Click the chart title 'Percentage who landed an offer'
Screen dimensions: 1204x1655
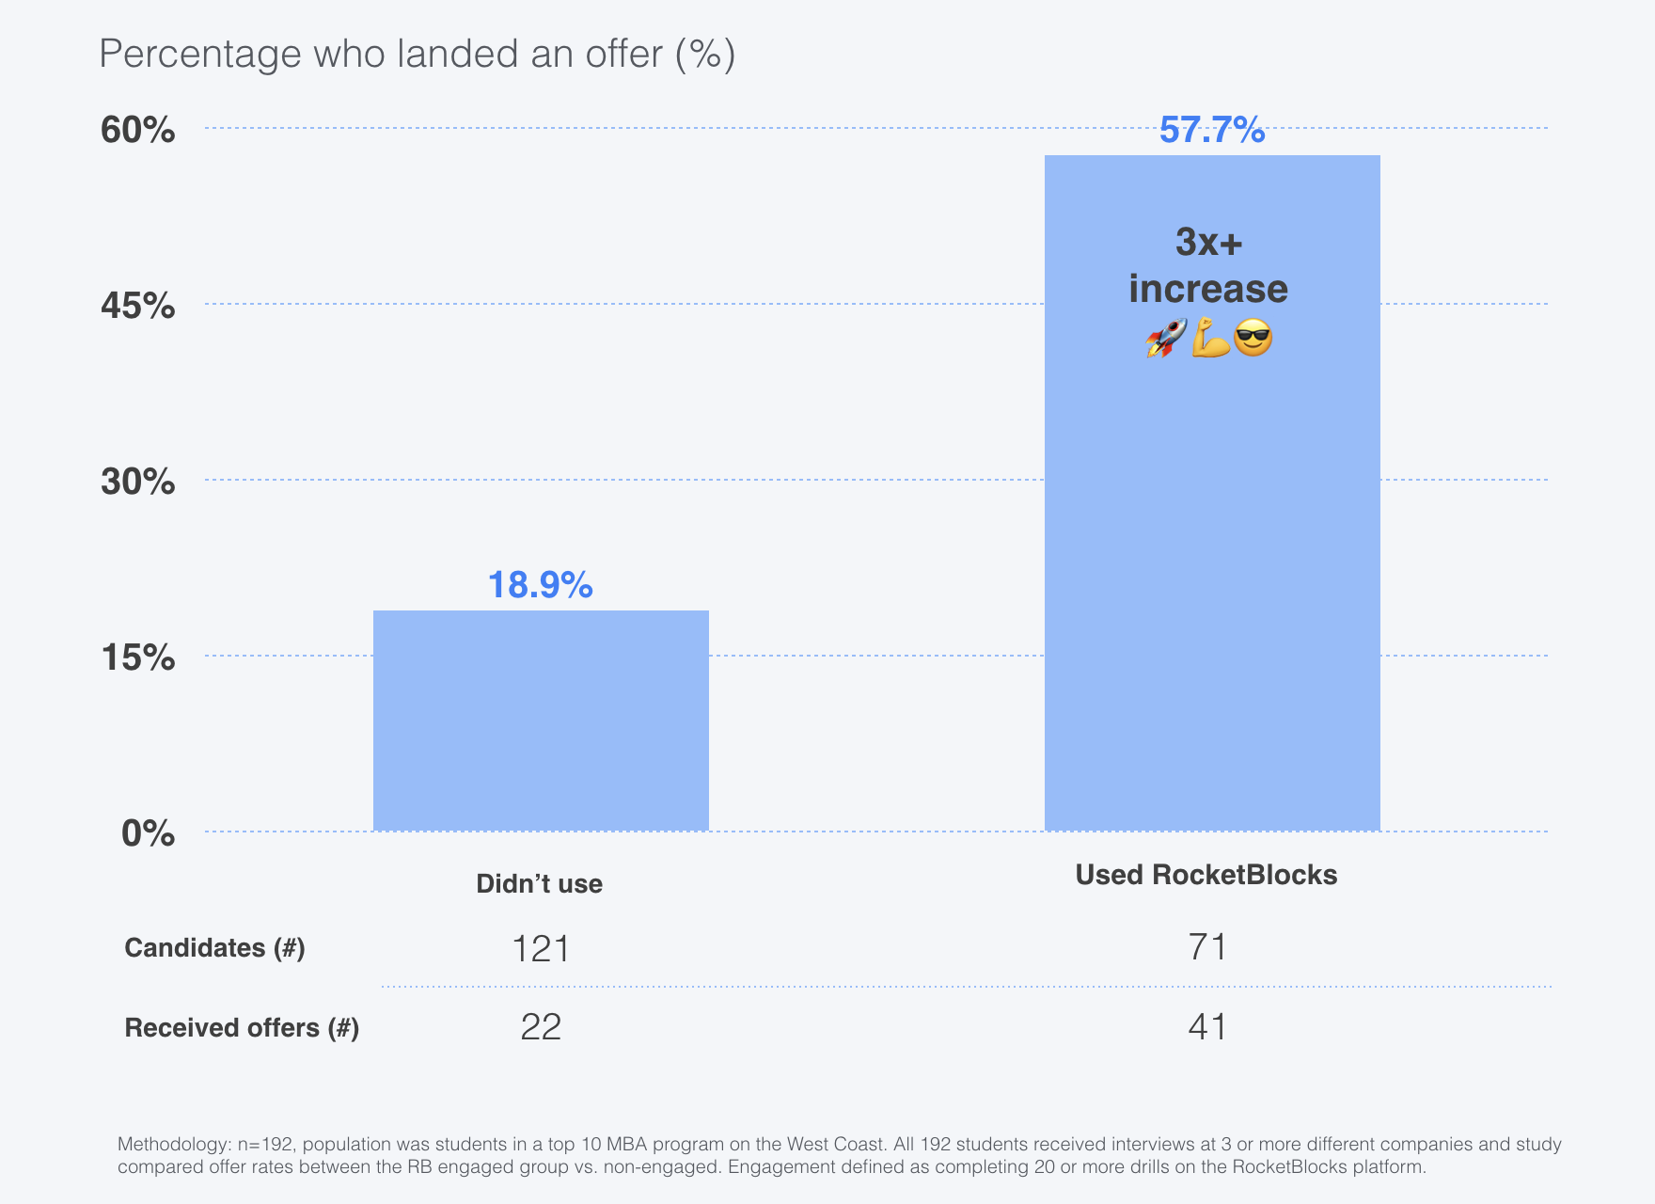pos(417,54)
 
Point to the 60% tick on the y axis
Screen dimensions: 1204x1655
pos(138,130)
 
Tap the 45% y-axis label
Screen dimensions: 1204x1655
pos(138,306)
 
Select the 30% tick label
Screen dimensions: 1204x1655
pos(138,482)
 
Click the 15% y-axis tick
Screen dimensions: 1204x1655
pos(138,657)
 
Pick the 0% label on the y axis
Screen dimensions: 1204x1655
pos(148,833)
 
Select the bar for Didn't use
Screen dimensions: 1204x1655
pos(541,721)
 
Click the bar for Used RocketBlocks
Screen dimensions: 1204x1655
pos(1212,564)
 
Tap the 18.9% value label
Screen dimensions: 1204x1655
pos(540,585)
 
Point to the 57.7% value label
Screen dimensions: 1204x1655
pos(1211,130)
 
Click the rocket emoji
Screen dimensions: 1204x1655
pos(1165,338)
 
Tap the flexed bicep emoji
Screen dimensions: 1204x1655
pos(1210,338)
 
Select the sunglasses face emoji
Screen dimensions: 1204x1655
pos(1253,338)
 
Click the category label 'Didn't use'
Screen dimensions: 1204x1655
pos(539,883)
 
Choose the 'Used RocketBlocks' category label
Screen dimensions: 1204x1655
pos(1206,875)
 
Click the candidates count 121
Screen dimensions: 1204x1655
pos(541,948)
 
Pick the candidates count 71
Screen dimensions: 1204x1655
pos(1207,946)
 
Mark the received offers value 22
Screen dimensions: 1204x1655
pos(541,1027)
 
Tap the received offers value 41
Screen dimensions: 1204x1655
pos(1207,1027)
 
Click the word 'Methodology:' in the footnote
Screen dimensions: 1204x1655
pos(174,1145)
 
